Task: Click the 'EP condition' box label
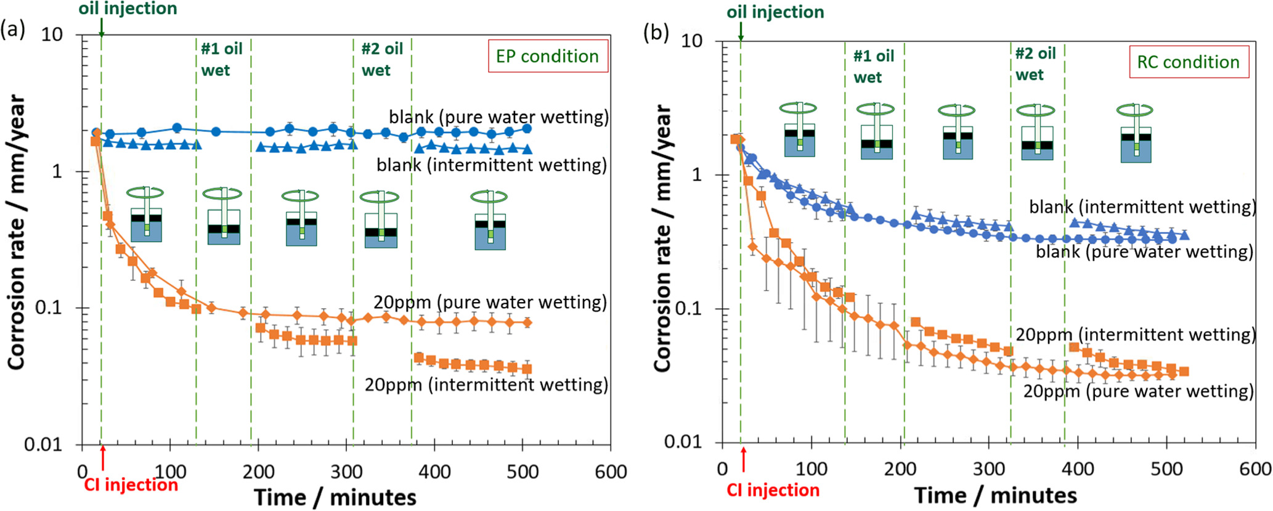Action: pos(547,56)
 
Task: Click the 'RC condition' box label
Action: pos(1188,62)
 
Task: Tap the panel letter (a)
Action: pos(13,29)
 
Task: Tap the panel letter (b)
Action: pos(656,31)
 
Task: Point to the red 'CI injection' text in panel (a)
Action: pos(131,485)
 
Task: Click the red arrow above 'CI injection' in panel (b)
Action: pos(744,460)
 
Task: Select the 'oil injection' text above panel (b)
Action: pos(775,12)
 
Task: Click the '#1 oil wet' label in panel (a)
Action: pos(221,59)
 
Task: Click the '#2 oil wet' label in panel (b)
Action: pos(1035,64)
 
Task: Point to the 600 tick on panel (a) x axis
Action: pos(611,472)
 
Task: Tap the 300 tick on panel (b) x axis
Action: pos(988,469)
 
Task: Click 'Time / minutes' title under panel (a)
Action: pos(335,497)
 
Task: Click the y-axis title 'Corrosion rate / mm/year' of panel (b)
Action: pos(662,237)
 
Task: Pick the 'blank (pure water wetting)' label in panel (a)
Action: pos(498,117)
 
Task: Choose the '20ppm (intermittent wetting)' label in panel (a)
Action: pos(486,385)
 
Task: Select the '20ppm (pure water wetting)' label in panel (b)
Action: pos(1138,391)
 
